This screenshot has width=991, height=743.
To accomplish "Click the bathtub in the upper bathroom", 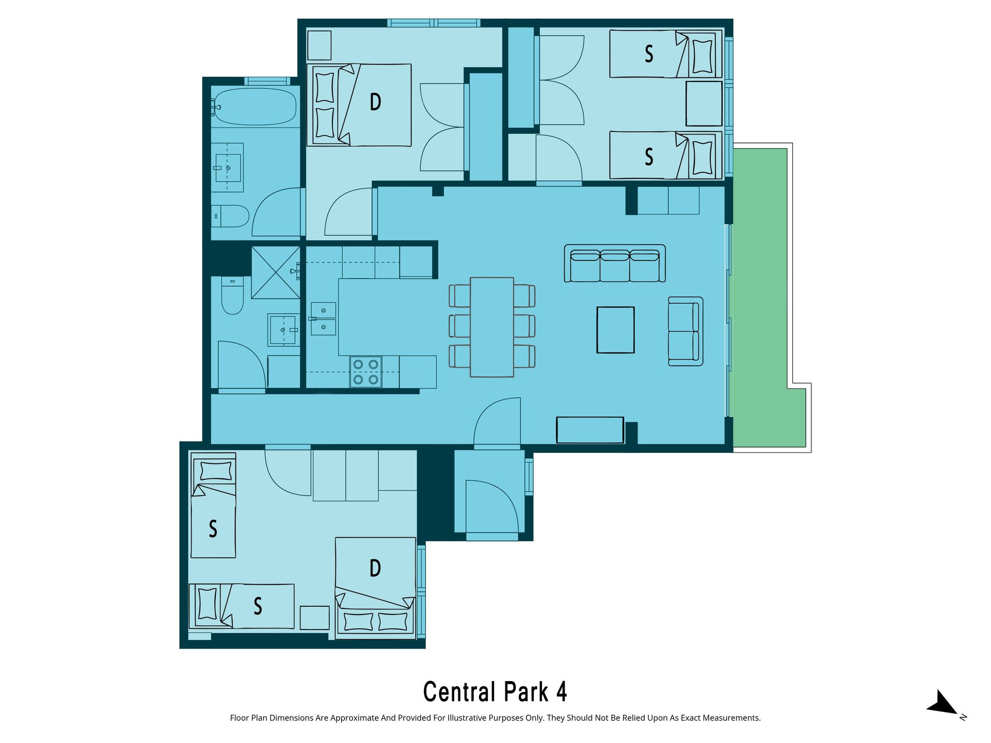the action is pos(255,107).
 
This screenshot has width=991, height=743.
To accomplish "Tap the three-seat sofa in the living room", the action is pos(615,264).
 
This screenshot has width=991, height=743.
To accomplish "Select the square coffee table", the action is pos(615,330).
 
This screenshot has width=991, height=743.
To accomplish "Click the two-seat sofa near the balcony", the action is pos(685,331).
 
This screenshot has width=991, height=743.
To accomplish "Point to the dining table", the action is pos(492,327).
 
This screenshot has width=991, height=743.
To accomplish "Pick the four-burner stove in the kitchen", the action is pos(366,372).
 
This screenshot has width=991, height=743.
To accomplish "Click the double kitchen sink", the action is pos(323,318).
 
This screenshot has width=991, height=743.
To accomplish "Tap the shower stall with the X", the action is pos(276,272).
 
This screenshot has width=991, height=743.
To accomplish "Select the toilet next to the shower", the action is pos(232,295).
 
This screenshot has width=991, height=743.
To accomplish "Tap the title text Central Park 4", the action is pos(495,692).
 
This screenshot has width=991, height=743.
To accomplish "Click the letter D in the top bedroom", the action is pos(375,102).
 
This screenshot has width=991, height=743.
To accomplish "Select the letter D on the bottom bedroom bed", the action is pos(375,568).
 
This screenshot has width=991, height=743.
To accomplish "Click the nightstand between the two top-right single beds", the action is pos(704,104).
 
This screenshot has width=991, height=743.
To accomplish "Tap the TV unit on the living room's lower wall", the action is pos(590,430).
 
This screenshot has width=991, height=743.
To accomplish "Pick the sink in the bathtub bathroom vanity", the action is pos(228,168).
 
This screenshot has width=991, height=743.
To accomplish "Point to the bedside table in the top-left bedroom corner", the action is pos(319,45).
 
